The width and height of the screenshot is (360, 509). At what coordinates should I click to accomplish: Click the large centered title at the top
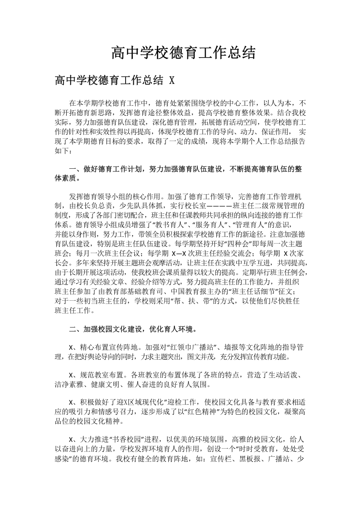pos(183,54)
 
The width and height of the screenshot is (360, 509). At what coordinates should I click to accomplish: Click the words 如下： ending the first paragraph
pos(63,150)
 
